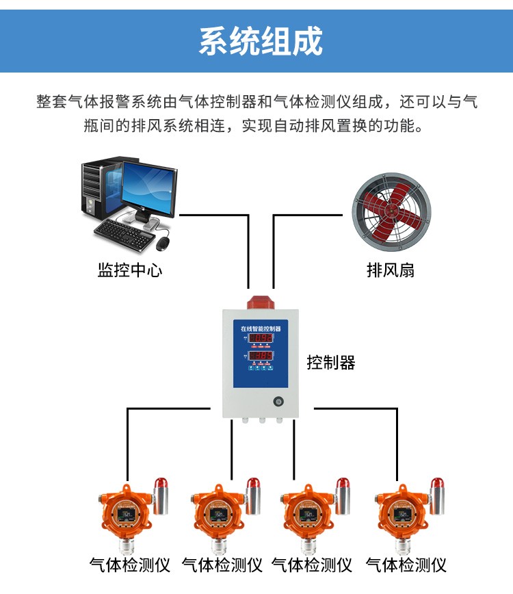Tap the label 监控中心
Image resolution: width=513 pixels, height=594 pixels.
pyautogui.click(x=130, y=270)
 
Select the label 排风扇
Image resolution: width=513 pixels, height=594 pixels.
pyautogui.click(x=390, y=270)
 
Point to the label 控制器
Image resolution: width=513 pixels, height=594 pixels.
pyautogui.click(x=331, y=362)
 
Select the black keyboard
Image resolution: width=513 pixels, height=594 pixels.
pyautogui.click(x=124, y=229)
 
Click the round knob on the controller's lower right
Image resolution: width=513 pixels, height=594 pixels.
pyautogui.click(x=278, y=402)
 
